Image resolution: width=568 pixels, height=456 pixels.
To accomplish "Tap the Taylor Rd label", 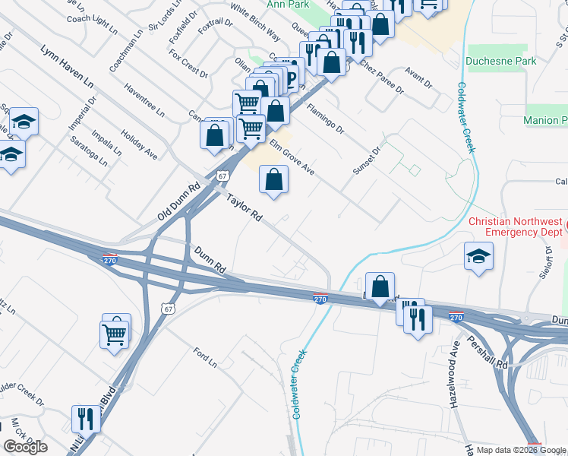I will (x=244, y=207).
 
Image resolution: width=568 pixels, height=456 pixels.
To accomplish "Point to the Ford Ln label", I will (x=205, y=356).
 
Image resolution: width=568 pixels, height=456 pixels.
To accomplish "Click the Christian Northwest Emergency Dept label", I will (x=516, y=226).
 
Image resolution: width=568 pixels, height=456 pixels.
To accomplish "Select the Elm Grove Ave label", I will (x=292, y=157).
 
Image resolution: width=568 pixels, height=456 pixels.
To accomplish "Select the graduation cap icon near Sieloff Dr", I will (x=479, y=256).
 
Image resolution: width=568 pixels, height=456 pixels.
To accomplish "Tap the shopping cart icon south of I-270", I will (x=115, y=331).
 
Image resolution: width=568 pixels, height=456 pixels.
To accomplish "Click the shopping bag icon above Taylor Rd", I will (x=274, y=180).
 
